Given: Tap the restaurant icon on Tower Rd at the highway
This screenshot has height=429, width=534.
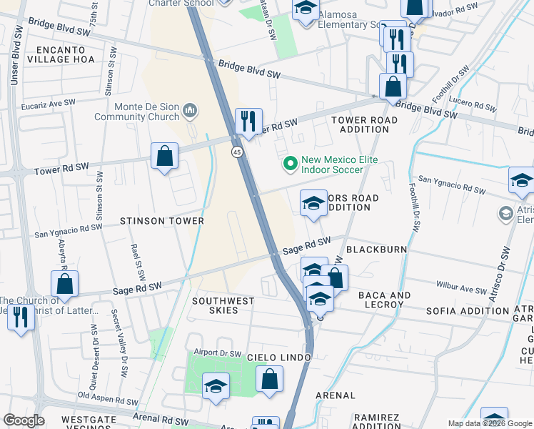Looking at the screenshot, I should (x=248, y=122).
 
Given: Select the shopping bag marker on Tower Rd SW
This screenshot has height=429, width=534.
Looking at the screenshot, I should (x=164, y=156).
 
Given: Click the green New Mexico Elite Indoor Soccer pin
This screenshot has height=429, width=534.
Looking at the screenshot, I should (x=290, y=164).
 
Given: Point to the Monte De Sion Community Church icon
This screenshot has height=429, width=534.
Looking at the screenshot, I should (x=190, y=110).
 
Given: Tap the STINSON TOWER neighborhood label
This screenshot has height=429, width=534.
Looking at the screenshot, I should (x=162, y=221).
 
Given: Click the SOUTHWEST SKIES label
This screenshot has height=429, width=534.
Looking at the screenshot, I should (x=223, y=307).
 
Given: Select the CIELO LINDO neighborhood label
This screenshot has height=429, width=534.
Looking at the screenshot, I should (x=279, y=357).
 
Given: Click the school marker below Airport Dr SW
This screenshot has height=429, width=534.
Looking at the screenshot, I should (x=216, y=387).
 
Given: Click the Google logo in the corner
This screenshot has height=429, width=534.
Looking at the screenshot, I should (x=24, y=420).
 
